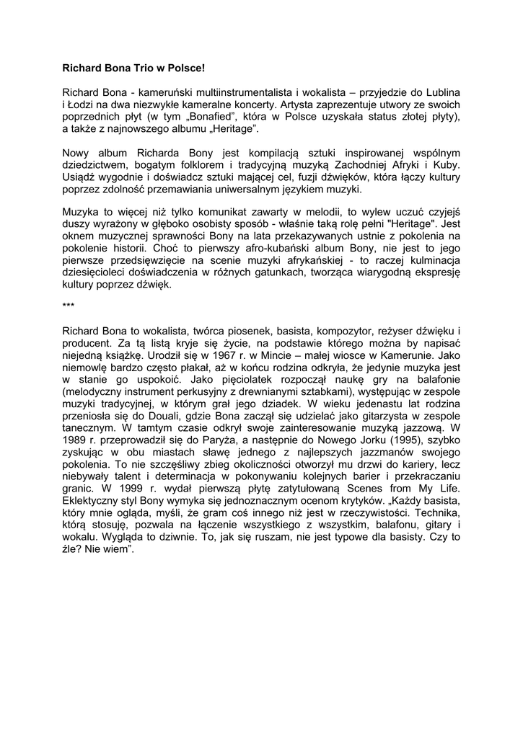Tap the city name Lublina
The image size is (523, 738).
439,93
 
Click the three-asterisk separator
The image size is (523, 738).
69,306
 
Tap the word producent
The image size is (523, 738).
87,342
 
